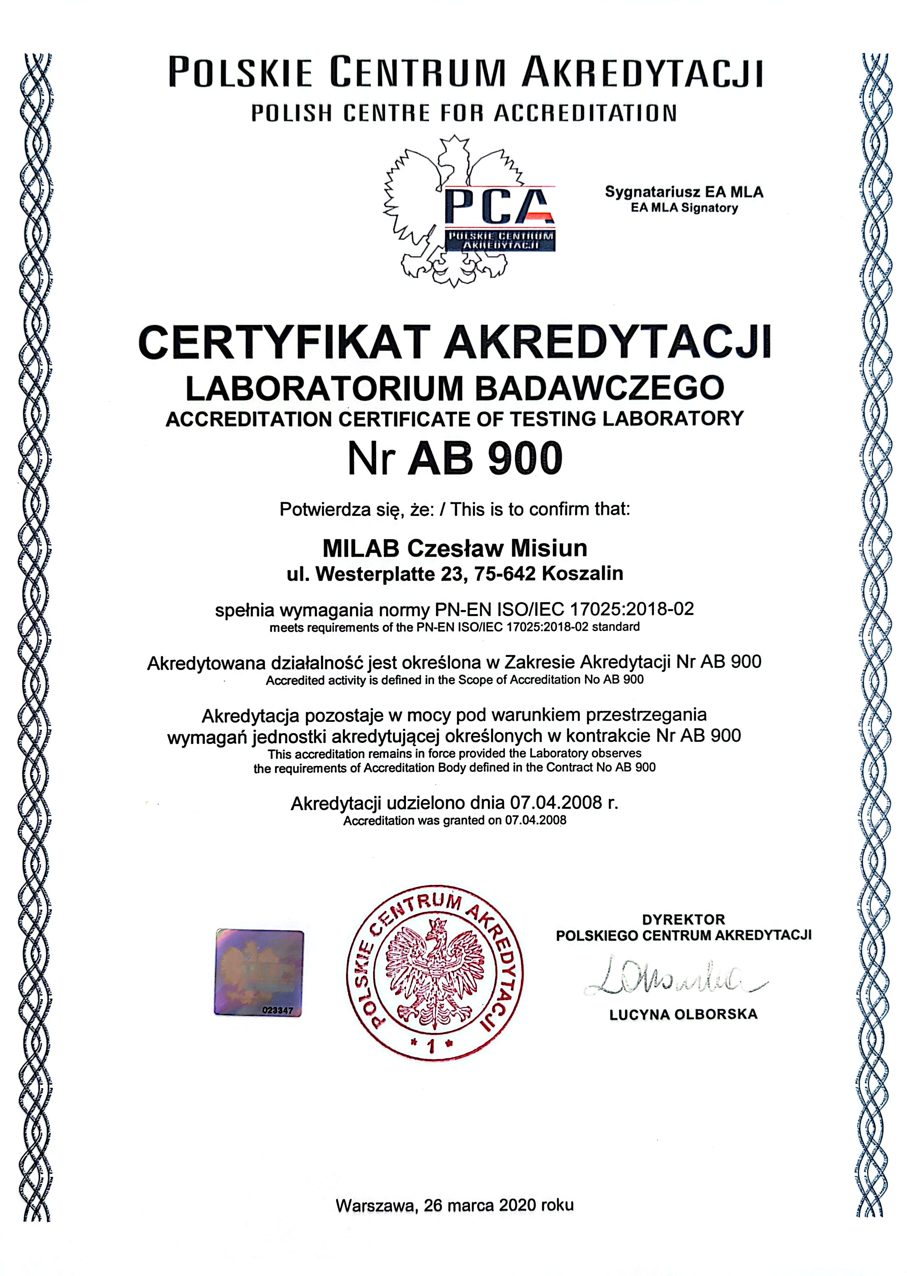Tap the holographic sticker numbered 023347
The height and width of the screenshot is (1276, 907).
[x=259, y=972]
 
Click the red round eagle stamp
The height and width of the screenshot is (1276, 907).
[x=435, y=974]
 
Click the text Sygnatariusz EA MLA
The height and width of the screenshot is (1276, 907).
[x=683, y=192]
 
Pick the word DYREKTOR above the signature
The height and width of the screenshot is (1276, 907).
[x=683, y=919]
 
